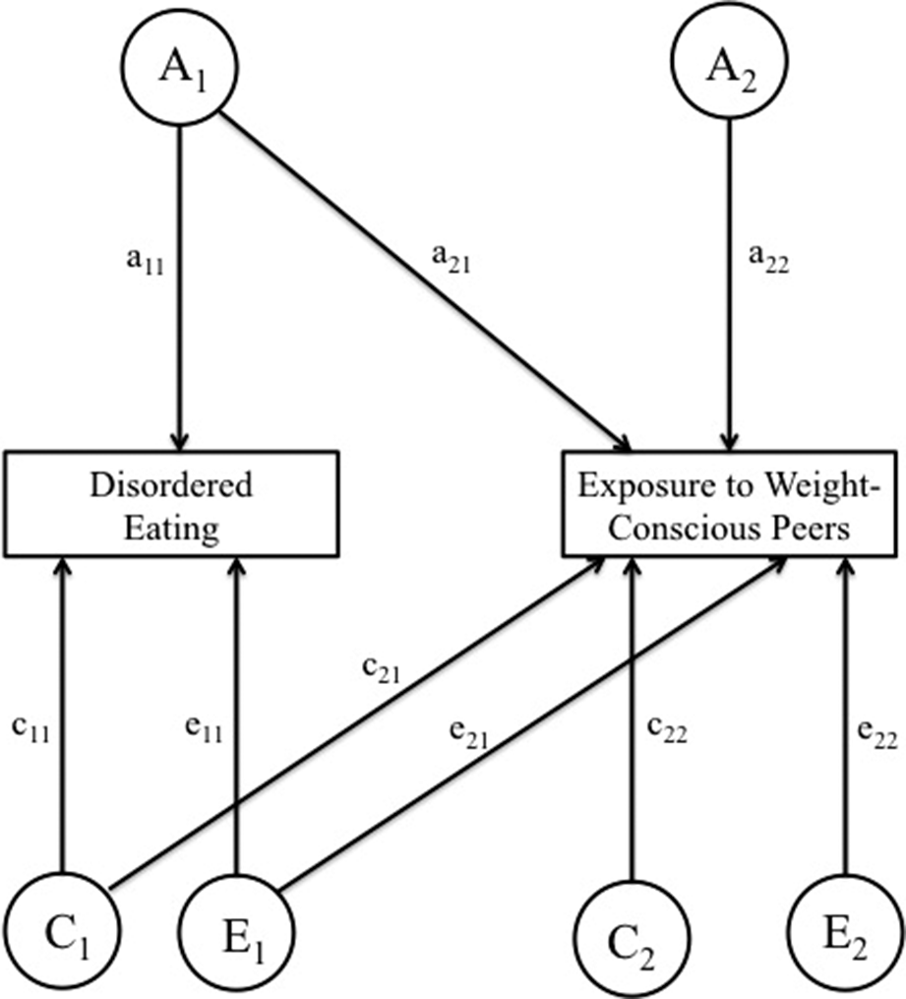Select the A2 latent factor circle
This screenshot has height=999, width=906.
click(729, 72)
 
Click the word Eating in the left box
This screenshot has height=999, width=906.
click(174, 529)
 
